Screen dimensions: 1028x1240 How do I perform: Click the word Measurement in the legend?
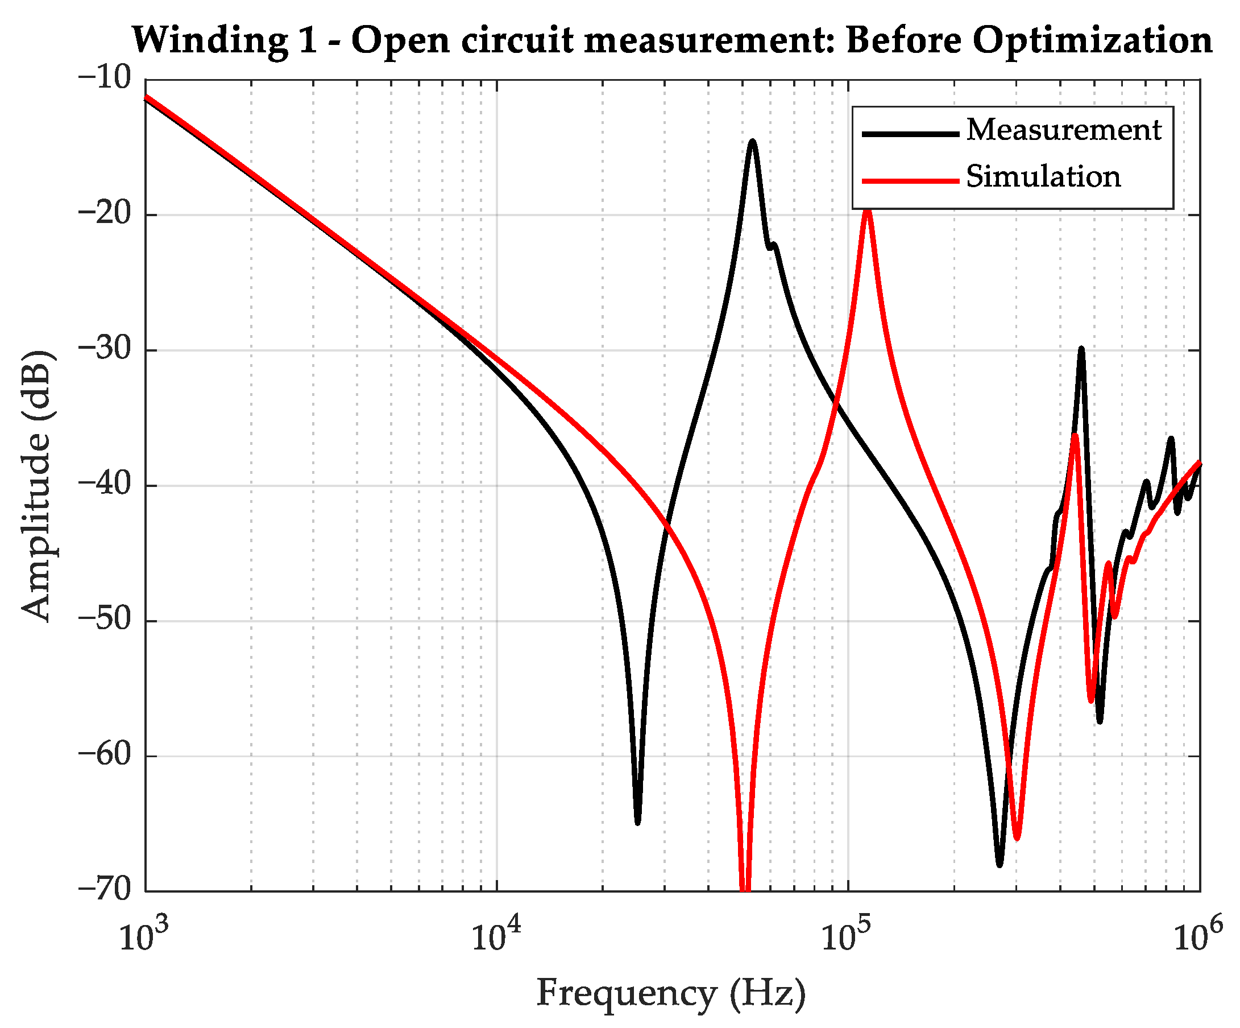tap(1063, 129)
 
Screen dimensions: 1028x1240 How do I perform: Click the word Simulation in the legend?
tap(1043, 177)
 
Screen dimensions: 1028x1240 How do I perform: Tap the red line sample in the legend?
tap(910, 180)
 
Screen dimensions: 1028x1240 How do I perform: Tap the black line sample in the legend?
tap(910, 134)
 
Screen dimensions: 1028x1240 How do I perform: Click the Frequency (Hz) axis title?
tap(671, 992)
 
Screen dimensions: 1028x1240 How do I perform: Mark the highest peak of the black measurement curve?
tap(752, 142)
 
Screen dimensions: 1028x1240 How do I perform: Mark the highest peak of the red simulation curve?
tap(867, 210)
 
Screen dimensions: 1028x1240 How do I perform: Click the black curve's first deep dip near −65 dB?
tap(637, 821)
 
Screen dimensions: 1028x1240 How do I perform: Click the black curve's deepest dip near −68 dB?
tap(999, 864)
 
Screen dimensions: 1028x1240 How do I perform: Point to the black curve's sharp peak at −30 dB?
tap(1081, 350)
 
